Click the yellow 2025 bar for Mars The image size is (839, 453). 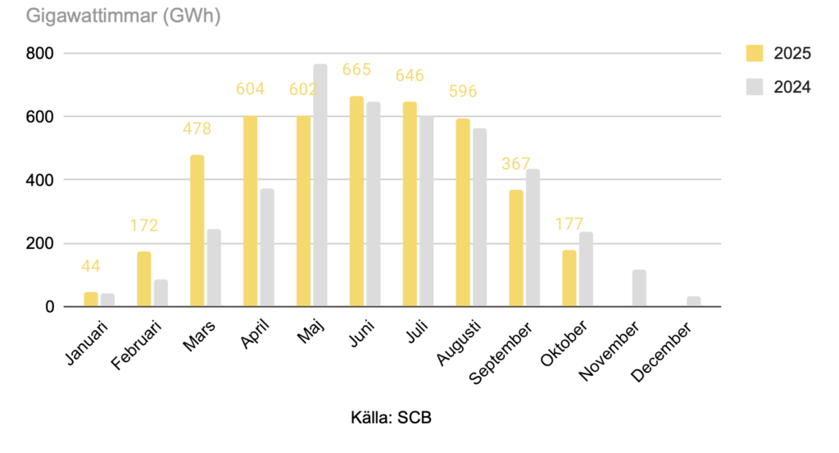tap(197, 231)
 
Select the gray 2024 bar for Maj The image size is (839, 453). tap(320, 185)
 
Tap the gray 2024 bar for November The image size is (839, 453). tap(640, 288)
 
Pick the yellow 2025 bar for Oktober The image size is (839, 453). tap(569, 279)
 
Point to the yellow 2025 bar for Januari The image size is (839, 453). tap(90, 299)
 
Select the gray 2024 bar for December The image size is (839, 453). tap(693, 301)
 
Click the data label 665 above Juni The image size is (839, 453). tap(356, 70)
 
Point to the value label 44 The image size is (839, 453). tap(90, 266)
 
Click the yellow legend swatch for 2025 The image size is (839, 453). tap(754, 54)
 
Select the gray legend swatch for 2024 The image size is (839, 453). tap(754, 86)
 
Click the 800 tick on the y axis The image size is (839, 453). tap(38, 54)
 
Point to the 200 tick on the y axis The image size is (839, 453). tap(38, 243)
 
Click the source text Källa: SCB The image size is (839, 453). tap(390, 418)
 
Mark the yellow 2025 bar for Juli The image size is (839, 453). tap(410, 205)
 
